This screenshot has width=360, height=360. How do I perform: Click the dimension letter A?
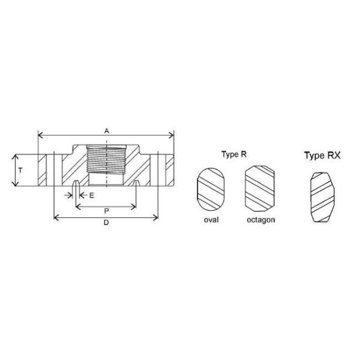coord(106,130)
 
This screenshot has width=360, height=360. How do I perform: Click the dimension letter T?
coord(20,170)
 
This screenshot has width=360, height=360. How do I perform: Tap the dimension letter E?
coord(92,196)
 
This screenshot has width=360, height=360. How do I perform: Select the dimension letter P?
coord(106,211)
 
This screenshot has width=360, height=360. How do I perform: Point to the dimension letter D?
coord(106,223)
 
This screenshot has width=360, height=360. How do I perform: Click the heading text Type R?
coord(234,154)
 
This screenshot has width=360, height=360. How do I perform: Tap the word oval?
coord(211,220)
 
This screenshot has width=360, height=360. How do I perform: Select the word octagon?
coord(260,220)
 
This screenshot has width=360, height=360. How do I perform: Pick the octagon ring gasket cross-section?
coord(260,188)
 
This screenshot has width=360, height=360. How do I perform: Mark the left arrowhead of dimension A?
coord(40,135)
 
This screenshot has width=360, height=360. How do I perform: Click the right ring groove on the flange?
coord(137,184)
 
